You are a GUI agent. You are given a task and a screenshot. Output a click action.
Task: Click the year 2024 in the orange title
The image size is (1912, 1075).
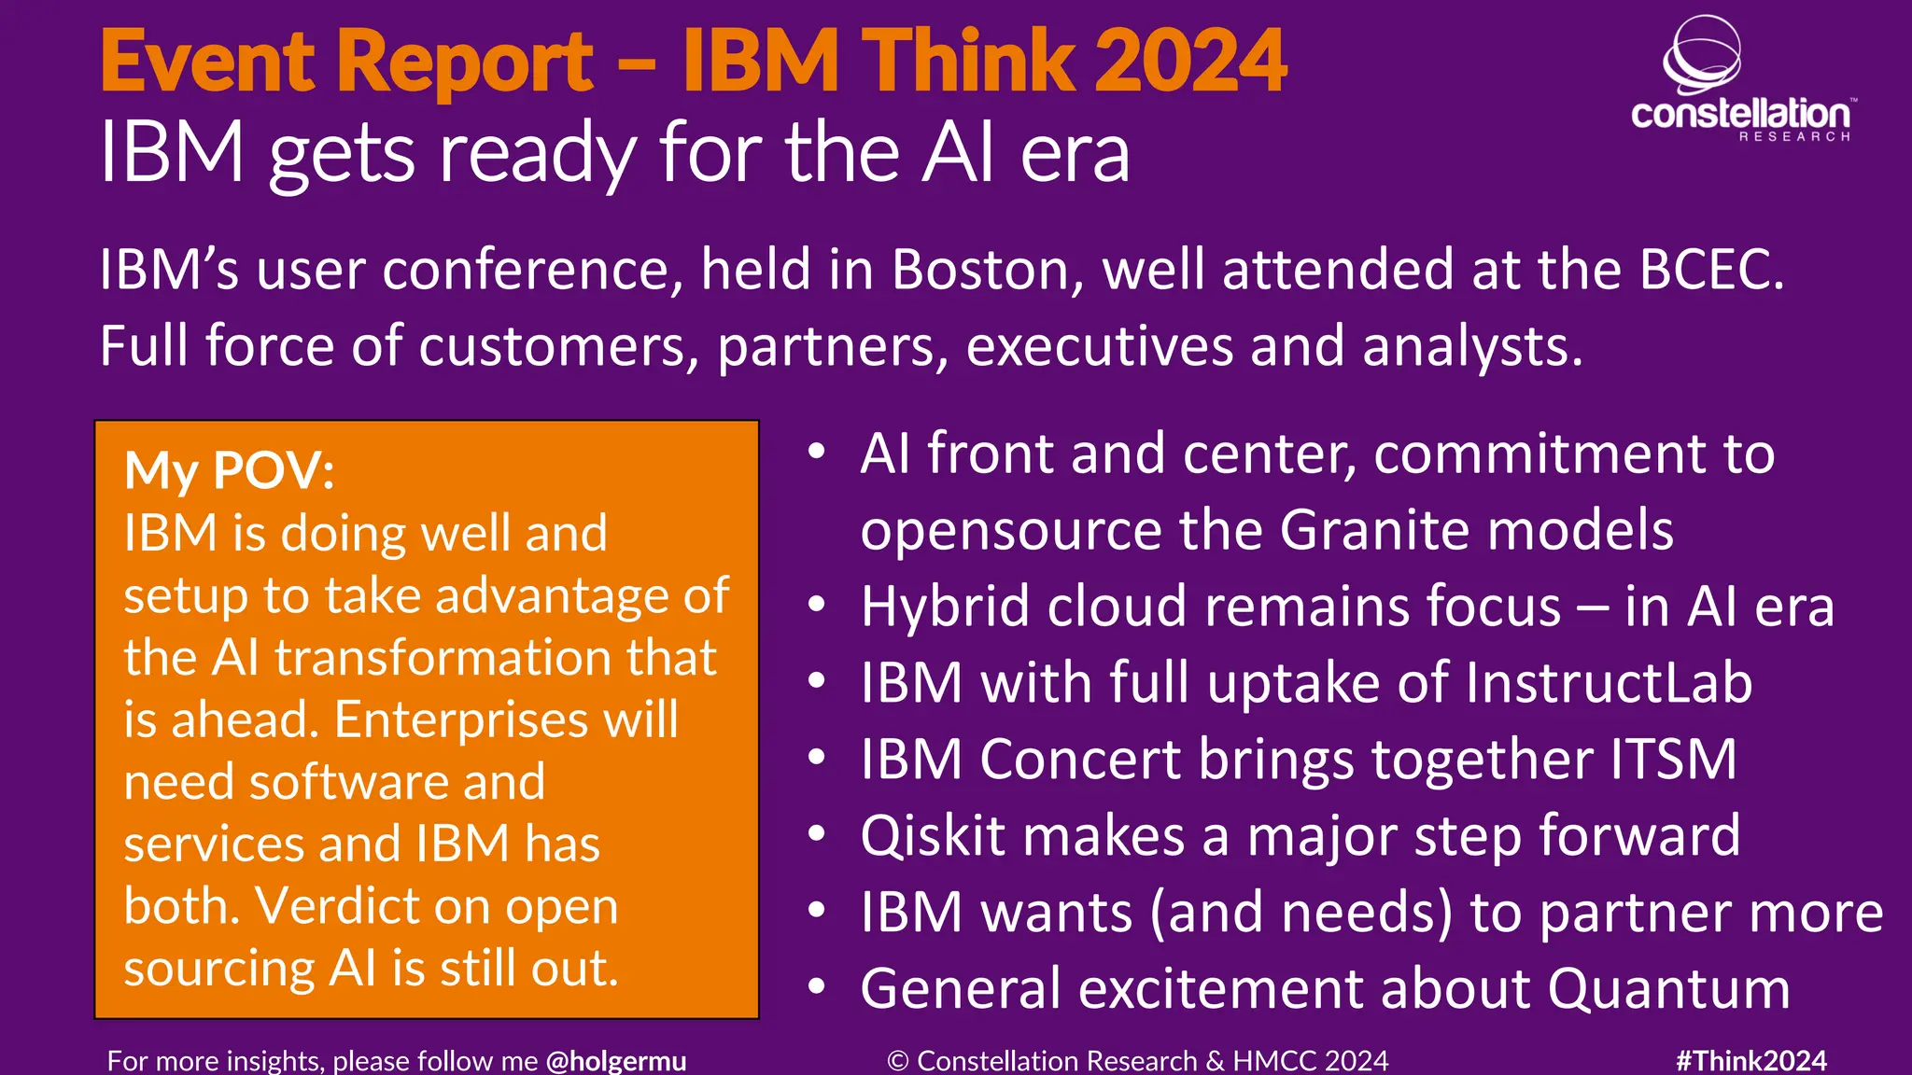(x=1189, y=62)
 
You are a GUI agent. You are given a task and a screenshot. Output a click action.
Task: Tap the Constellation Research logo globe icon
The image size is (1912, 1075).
(x=1701, y=54)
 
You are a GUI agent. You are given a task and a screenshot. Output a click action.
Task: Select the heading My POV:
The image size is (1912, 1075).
(x=230, y=470)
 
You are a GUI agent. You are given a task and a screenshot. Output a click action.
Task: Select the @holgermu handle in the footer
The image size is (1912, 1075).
(x=616, y=1061)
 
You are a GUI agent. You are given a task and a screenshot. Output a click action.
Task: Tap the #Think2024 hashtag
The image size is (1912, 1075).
(x=1750, y=1061)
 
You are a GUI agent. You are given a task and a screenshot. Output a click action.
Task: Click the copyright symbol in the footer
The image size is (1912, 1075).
(x=897, y=1061)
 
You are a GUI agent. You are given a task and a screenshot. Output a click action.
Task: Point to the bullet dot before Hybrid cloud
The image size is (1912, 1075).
(x=817, y=606)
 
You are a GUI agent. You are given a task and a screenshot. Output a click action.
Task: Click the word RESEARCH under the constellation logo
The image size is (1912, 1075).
(x=1793, y=137)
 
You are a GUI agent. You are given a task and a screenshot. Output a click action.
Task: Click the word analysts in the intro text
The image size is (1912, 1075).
(x=1471, y=347)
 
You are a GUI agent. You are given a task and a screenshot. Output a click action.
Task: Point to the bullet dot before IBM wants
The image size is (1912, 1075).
(x=817, y=910)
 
